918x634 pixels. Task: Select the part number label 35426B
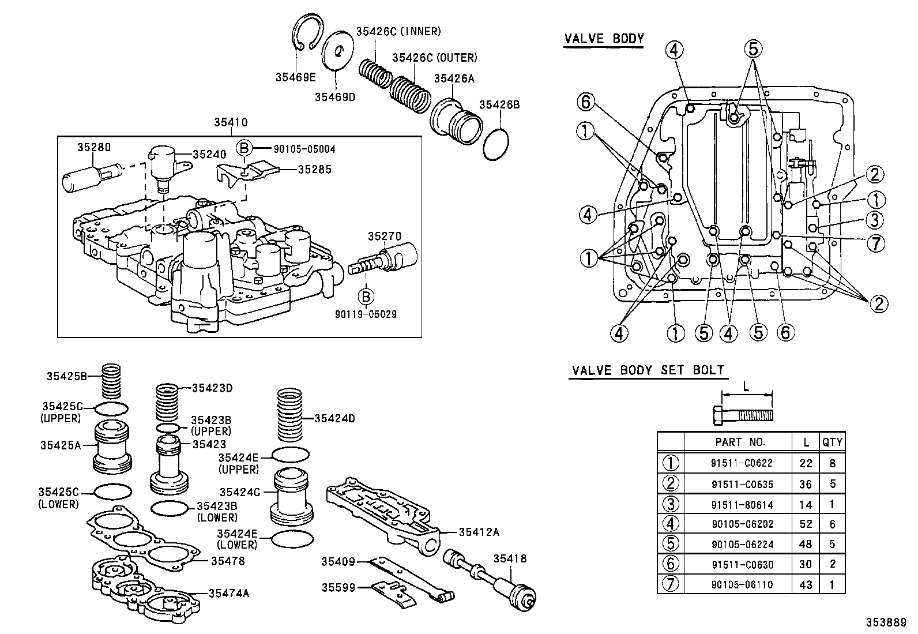click(x=499, y=104)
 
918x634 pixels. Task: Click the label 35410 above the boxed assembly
click(x=231, y=122)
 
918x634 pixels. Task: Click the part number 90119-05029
click(x=366, y=314)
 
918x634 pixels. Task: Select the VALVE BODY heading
click(x=603, y=39)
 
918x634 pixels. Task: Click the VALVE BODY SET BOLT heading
click(x=648, y=370)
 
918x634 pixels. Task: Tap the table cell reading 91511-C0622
click(x=742, y=463)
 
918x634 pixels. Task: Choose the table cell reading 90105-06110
click(x=742, y=584)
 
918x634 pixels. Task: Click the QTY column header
click(x=832, y=442)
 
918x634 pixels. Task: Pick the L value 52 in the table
click(x=806, y=524)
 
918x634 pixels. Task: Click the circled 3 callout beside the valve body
click(x=875, y=220)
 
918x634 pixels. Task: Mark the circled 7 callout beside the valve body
click(x=875, y=243)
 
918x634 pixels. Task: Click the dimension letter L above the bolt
click(x=746, y=387)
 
